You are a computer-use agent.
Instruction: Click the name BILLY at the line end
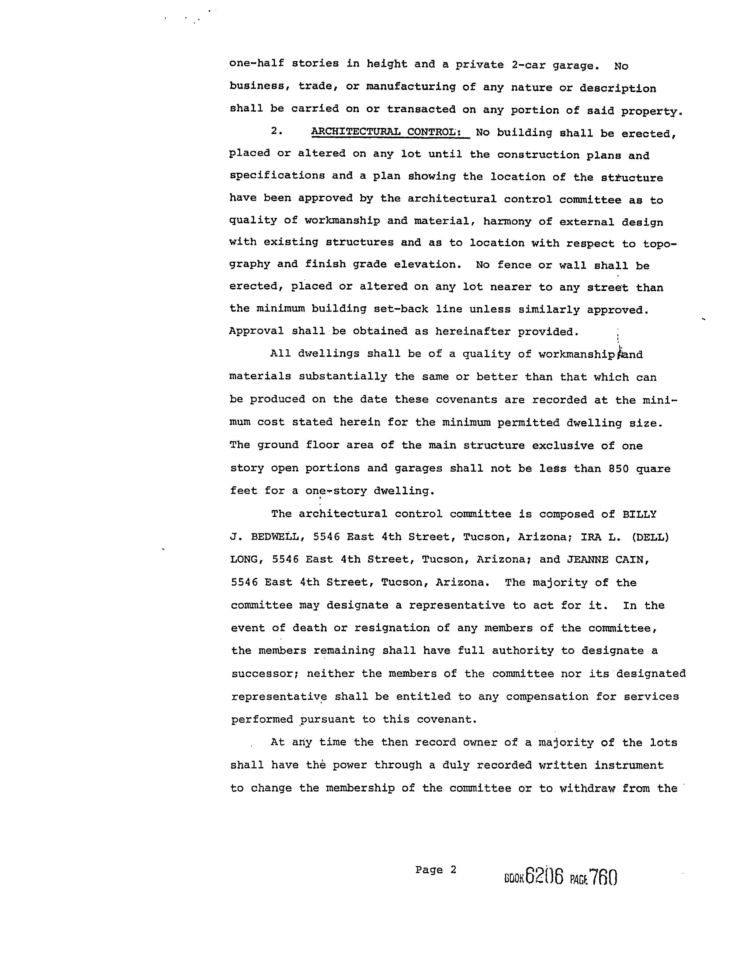(x=639, y=515)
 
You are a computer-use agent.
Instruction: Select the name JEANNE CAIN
(x=608, y=560)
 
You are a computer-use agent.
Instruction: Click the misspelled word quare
(x=653, y=469)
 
